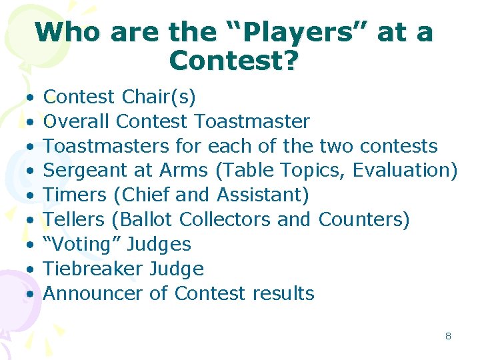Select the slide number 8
pos(448,336)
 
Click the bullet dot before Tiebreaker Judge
pos(31,269)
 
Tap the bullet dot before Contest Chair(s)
pos(31,98)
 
